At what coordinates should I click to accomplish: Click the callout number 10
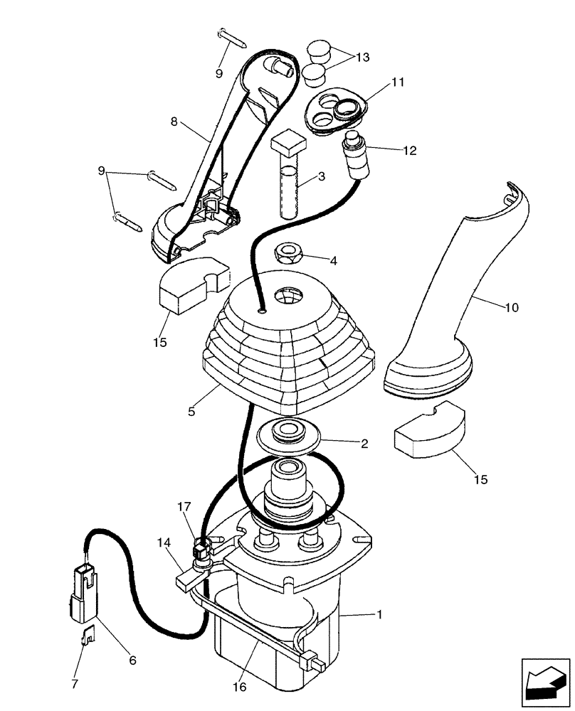click(x=512, y=308)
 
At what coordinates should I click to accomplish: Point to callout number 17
click(x=184, y=508)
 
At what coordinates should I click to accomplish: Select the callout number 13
click(x=363, y=58)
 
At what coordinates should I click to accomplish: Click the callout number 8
click(x=174, y=122)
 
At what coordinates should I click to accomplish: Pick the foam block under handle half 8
click(x=191, y=284)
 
